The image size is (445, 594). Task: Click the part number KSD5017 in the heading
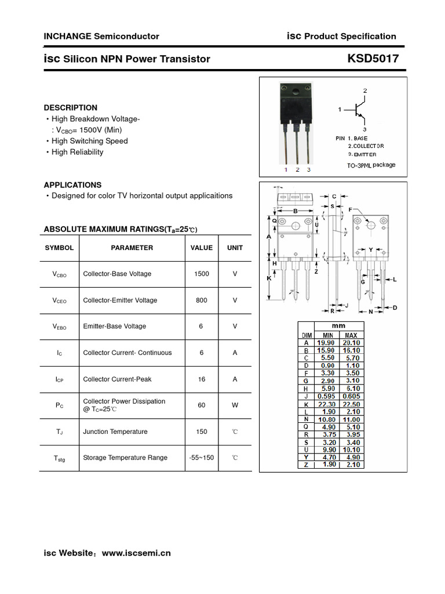pyautogui.click(x=373, y=59)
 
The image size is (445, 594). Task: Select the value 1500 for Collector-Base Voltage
pyautogui.click(x=202, y=274)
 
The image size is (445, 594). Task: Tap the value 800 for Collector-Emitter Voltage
pyautogui.click(x=202, y=300)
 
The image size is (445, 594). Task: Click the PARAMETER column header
pyautogui.click(x=132, y=248)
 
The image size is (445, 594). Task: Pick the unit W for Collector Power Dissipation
pyautogui.click(x=235, y=405)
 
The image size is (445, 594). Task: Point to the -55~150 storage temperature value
pyautogui.click(x=202, y=458)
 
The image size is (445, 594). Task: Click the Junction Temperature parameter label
pyautogui.click(x=115, y=432)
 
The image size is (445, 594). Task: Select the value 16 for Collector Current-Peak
pyautogui.click(x=202, y=379)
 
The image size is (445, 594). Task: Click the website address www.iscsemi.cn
pyautogui.click(x=136, y=553)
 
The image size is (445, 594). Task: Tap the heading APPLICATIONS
pyautogui.click(x=72, y=185)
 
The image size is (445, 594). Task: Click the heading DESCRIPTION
pyautogui.click(x=71, y=107)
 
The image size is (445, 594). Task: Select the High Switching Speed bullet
pyautogui.click(x=89, y=141)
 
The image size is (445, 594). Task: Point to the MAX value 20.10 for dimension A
pyautogui.click(x=351, y=343)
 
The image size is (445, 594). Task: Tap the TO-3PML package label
pyautogui.click(x=367, y=165)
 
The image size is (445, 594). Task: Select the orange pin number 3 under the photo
pyautogui.click(x=309, y=170)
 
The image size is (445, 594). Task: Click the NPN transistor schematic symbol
pyautogui.click(x=358, y=110)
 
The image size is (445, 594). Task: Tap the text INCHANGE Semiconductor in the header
pyautogui.click(x=101, y=36)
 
